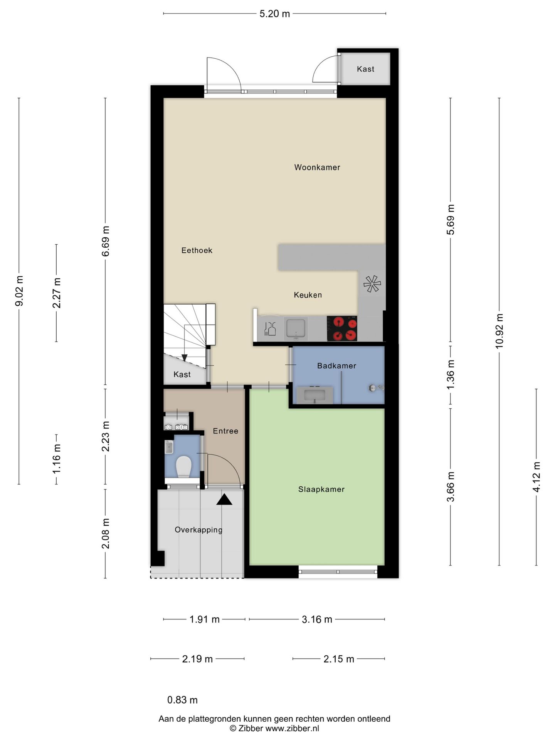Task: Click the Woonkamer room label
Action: click(x=317, y=167)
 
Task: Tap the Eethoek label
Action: click(x=197, y=250)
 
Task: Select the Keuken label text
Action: click(x=308, y=295)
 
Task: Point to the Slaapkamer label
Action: click(x=321, y=489)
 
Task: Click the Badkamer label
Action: click(x=336, y=365)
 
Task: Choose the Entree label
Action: click(x=225, y=431)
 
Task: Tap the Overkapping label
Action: click(x=198, y=530)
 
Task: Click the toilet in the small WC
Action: click(x=184, y=467)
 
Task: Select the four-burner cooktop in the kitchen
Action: click(x=342, y=328)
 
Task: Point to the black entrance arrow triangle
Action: click(x=224, y=500)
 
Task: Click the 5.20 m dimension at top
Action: click(x=274, y=14)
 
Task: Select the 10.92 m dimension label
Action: click(x=499, y=331)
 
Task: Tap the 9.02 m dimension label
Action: click(x=19, y=291)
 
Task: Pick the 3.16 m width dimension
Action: click(x=317, y=619)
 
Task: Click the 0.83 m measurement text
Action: click(x=182, y=700)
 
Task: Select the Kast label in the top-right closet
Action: click(x=365, y=69)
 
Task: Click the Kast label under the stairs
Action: click(x=182, y=374)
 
